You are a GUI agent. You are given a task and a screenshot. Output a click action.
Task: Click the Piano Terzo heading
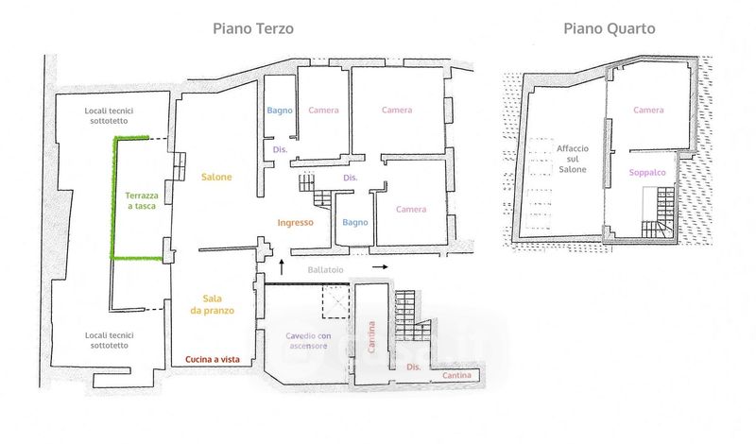(x=252, y=28)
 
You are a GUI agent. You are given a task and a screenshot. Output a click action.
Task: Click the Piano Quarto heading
(x=610, y=28)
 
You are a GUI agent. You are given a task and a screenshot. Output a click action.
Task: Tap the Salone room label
(x=216, y=177)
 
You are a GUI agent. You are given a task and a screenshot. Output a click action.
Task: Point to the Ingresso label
(x=296, y=223)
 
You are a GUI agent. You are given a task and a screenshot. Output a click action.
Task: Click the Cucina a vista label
(x=213, y=359)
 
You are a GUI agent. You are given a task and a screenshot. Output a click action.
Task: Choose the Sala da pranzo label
(x=216, y=303)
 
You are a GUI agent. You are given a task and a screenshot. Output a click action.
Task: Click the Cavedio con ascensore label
(x=307, y=341)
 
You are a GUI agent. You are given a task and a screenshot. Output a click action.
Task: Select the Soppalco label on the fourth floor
(x=648, y=173)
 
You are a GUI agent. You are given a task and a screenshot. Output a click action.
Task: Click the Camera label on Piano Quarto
(x=648, y=111)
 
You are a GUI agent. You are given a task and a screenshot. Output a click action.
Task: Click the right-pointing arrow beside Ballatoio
(x=379, y=268)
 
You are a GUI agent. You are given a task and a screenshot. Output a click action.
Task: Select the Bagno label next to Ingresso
(x=354, y=223)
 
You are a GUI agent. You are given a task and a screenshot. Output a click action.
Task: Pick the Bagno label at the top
(x=280, y=111)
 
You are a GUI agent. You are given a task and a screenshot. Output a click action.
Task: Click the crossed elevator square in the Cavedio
(x=336, y=304)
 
